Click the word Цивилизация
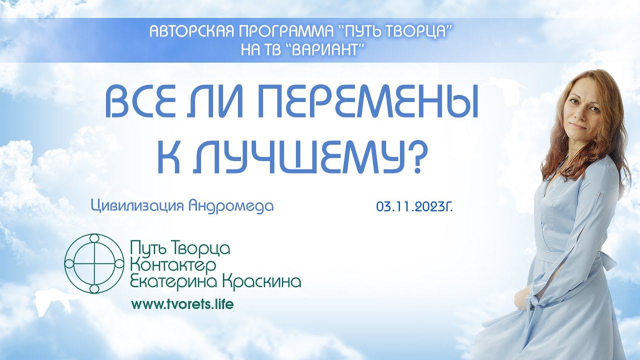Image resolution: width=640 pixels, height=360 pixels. [137, 206]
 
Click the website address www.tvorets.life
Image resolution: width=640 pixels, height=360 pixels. [182, 304]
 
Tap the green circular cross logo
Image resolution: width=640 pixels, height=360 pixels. [94, 263]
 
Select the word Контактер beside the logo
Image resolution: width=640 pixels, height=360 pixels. [172, 265]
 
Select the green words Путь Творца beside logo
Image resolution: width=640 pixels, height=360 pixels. [180, 249]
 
